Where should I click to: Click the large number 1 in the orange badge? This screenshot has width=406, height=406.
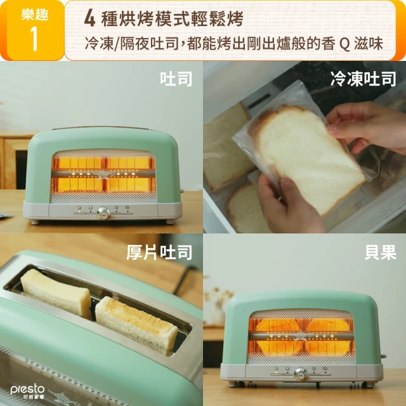click(34, 39)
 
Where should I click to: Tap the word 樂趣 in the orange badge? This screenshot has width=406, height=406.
click(35, 14)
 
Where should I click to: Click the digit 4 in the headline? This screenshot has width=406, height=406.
click(89, 19)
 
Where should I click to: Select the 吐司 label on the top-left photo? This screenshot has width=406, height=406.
click(176, 79)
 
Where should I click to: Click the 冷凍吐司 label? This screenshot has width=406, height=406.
click(363, 79)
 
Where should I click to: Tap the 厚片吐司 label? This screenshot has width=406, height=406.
click(159, 252)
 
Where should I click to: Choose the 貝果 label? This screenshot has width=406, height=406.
click(381, 252)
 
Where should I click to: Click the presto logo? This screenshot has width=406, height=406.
click(27, 392)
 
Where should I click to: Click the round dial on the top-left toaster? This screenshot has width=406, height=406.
click(103, 213)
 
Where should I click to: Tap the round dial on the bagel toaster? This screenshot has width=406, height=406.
click(301, 374)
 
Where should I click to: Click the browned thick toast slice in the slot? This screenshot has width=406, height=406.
click(136, 325)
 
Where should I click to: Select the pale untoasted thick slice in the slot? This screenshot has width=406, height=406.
click(56, 292)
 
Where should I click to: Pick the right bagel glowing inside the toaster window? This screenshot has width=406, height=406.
click(329, 337)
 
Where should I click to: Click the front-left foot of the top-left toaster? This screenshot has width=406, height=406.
click(35, 222)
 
